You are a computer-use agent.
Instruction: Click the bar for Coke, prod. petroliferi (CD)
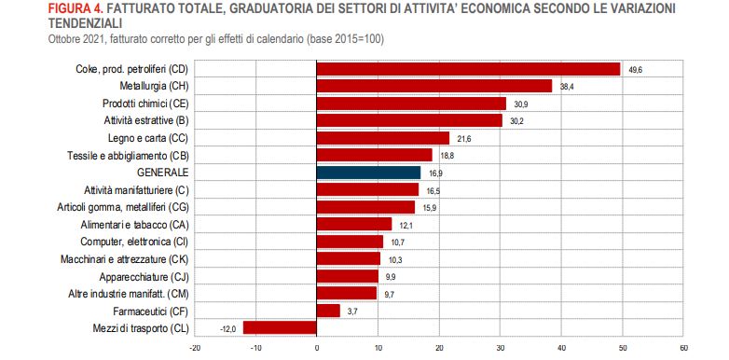pyautogui.click(x=468, y=69)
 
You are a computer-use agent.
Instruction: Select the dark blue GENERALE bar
pyautogui.click(x=368, y=173)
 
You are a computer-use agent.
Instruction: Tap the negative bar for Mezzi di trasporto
pyautogui.click(x=280, y=327)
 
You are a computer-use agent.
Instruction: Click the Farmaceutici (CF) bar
pyautogui.click(x=328, y=311)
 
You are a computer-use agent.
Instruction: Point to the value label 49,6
pyautogui.click(x=637, y=69)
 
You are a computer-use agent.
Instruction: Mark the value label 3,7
pyautogui.click(x=353, y=311)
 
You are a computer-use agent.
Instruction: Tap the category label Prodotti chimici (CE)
pyautogui.click(x=144, y=104)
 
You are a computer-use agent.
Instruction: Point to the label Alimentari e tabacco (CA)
pyautogui.click(x=136, y=225)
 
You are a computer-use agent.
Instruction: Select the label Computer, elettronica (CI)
pyautogui.click(x=135, y=242)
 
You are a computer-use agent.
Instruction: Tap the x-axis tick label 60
pyautogui.click(x=683, y=349)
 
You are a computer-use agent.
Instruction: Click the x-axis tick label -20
pyautogui.click(x=194, y=349)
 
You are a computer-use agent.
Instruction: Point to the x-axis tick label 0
pyautogui.click(x=317, y=349)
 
